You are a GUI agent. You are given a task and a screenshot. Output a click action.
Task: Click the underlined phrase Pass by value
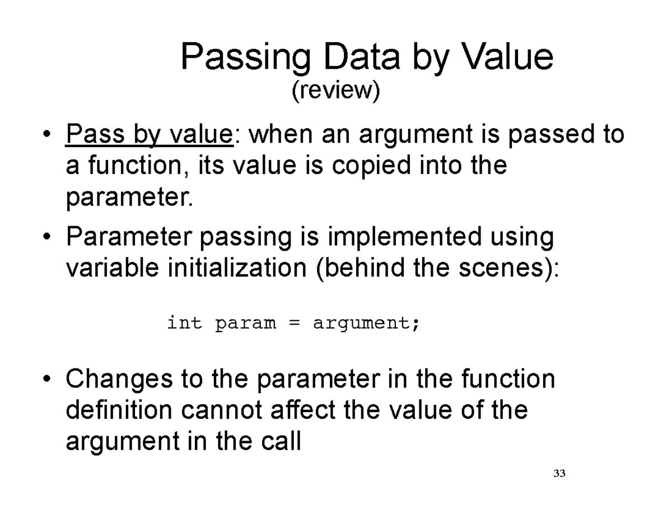click(148, 135)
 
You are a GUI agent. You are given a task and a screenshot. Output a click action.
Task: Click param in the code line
click(245, 324)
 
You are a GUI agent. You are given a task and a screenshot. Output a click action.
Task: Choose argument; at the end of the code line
click(366, 324)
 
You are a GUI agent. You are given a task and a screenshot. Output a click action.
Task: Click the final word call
click(283, 441)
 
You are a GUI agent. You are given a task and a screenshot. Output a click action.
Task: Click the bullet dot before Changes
click(49, 380)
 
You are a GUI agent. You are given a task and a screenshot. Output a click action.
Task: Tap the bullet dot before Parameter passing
click(49, 237)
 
